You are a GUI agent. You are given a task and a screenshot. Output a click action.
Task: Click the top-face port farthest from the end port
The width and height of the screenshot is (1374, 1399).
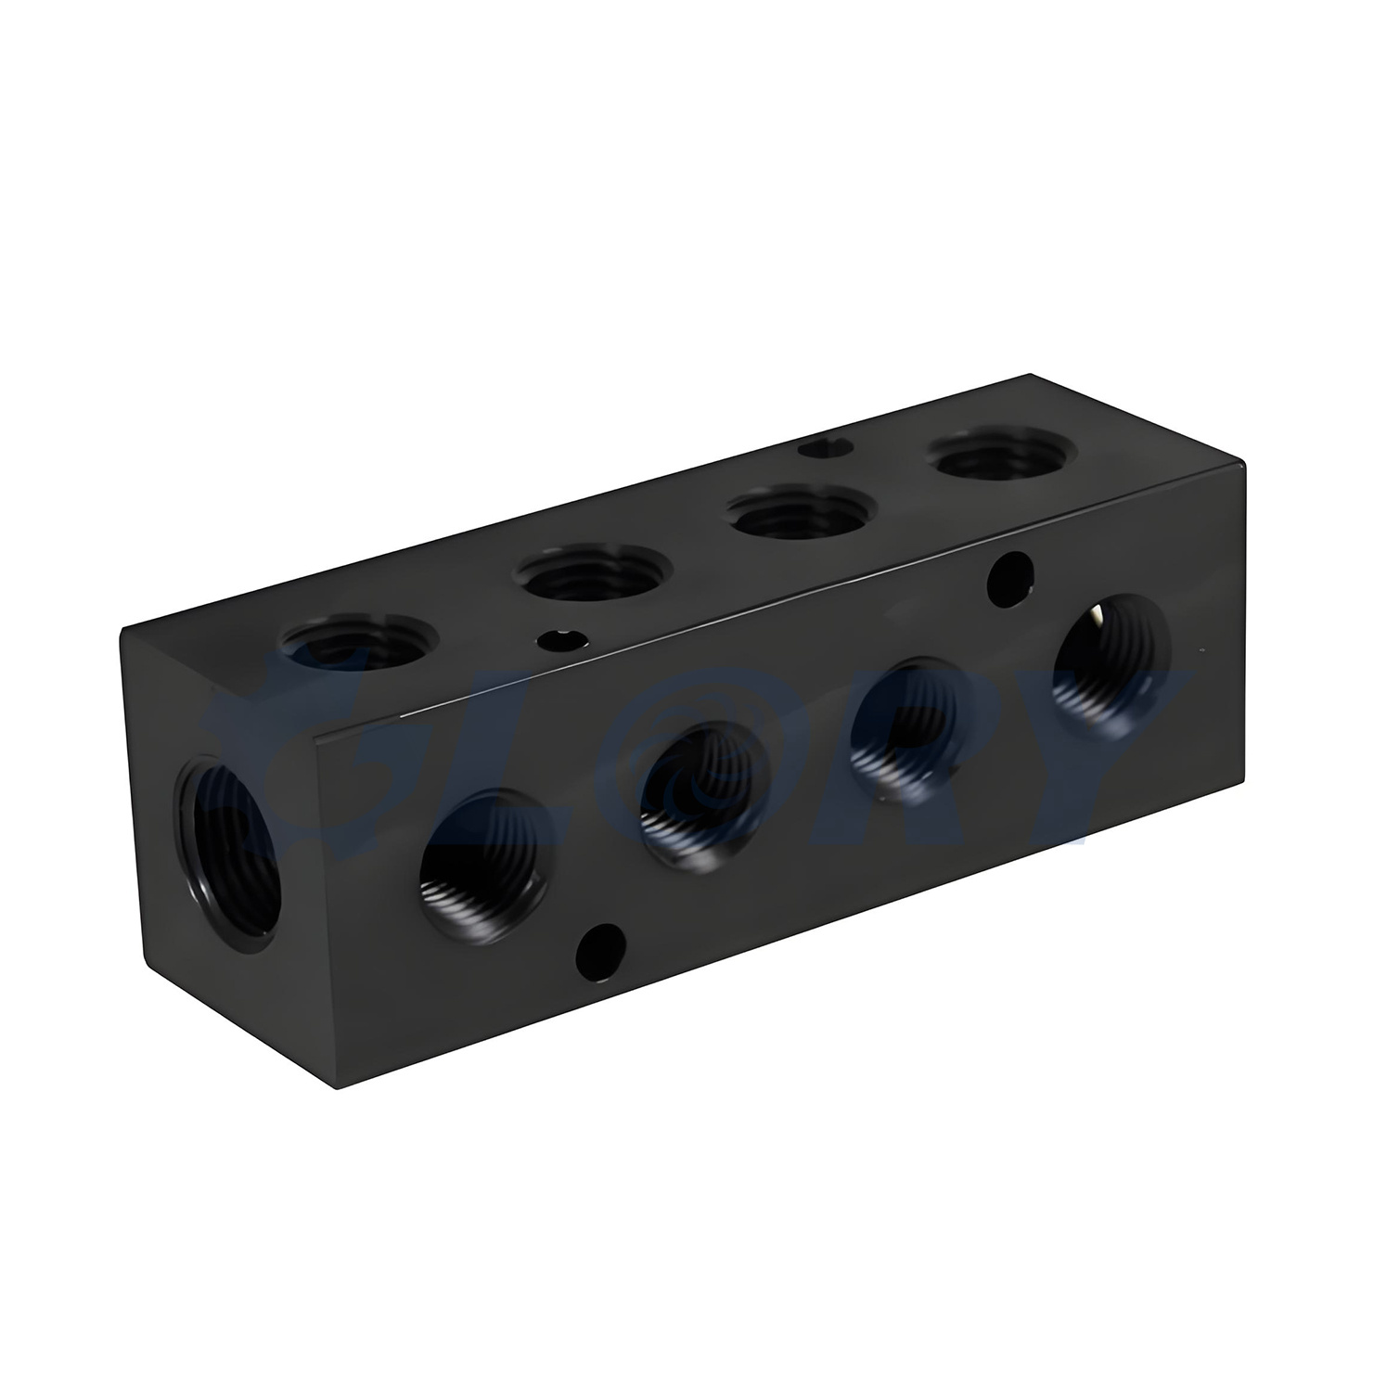(1003, 451)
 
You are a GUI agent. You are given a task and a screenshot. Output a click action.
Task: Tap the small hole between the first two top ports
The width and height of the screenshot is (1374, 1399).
(559, 639)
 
